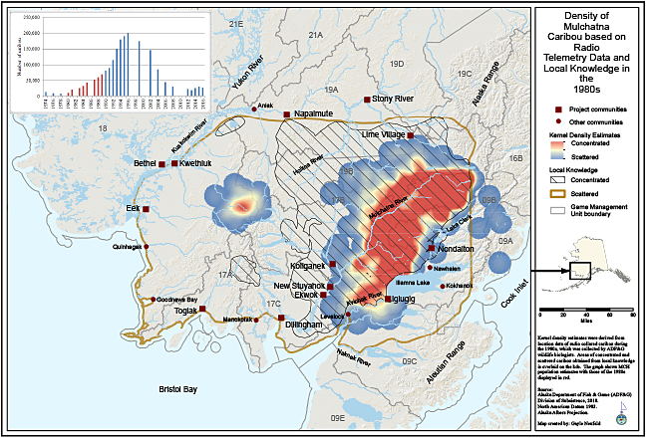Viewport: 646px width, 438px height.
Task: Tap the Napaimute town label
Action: click(x=314, y=114)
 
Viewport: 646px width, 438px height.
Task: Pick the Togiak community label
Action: click(x=186, y=311)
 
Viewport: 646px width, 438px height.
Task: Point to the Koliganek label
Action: click(x=307, y=266)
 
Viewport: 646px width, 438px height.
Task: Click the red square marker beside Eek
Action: click(x=146, y=210)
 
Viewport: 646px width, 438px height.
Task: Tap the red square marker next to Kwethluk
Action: click(x=174, y=162)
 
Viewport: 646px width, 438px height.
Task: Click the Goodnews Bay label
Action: click(x=177, y=300)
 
